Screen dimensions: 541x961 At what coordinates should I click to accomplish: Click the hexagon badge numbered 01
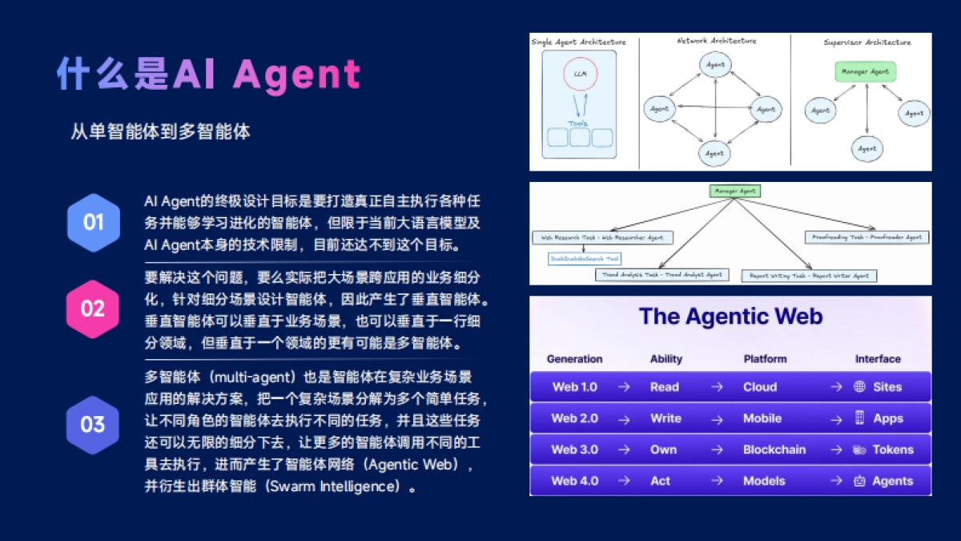[94, 222]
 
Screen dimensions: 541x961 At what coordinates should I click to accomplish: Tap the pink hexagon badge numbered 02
[93, 309]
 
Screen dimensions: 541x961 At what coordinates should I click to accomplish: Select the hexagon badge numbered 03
[93, 424]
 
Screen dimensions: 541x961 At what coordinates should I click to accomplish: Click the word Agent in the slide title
[297, 75]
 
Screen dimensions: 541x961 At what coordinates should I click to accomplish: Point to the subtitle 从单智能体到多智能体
[160, 131]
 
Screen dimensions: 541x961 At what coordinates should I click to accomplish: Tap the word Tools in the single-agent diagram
[577, 123]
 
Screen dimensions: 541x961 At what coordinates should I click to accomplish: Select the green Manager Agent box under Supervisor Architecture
[865, 72]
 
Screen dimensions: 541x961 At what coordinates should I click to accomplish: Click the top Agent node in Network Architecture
[714, 63]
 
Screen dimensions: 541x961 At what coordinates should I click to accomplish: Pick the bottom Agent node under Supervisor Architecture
[867, 148]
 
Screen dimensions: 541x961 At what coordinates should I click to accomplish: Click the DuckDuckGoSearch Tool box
[584, 259]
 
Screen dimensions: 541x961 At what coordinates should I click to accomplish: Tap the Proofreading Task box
[867, 237]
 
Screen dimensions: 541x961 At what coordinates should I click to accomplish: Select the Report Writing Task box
[809, 275]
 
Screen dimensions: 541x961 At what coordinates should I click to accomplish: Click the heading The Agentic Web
[730, 317]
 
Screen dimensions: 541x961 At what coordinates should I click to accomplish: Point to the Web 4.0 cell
[574, 481]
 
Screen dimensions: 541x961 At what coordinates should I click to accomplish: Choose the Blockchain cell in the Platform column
[774, 450]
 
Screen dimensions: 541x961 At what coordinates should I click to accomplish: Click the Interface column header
[878, 359]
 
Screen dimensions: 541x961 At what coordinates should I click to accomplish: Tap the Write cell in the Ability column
[665, 418]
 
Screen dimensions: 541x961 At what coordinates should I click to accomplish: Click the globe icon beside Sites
[859, 386]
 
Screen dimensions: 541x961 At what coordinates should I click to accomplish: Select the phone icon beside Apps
[859, 418]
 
